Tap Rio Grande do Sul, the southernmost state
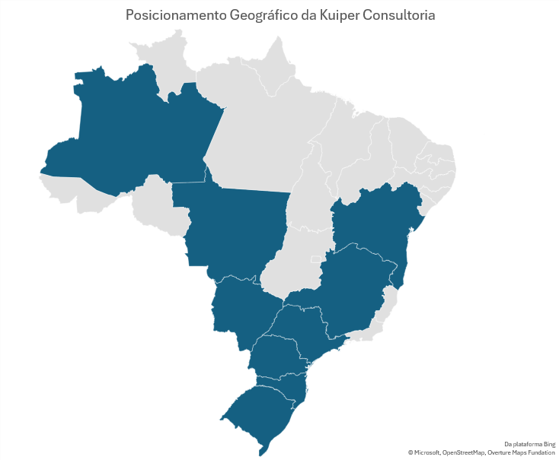tap(259, 414)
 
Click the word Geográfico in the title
tap(255, 15)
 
